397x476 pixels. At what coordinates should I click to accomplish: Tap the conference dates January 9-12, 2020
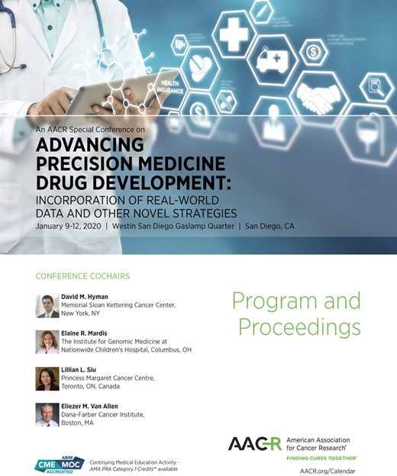pyautogui.click(x=68, y=227)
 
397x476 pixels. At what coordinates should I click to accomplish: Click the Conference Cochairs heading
pyautogui.click(x=82, y=276)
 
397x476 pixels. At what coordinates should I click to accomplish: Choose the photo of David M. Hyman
pyautogui.click(x=47, y=306)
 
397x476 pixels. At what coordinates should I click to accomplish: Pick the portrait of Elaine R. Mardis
pyautogui.click(x=47, y=342)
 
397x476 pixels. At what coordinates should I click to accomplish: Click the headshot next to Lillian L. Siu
pyautogui.click(x=47, y=378)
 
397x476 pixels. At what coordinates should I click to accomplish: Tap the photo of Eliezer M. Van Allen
pyautogui.click(x=47, y=414)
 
